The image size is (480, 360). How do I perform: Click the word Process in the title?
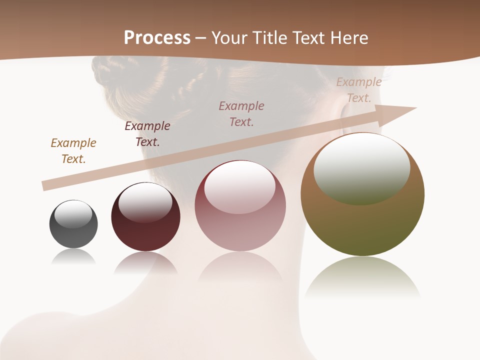point(157,38)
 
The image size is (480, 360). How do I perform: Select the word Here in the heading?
point(348,38)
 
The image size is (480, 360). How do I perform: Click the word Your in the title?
point(229,38)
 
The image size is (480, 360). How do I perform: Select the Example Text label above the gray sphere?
point(73,151)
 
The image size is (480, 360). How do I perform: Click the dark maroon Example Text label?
point(147,134)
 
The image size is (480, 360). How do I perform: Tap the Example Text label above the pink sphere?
point(241,113)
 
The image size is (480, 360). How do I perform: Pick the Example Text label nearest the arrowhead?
point(359,90)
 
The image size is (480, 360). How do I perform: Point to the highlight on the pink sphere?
point(239,188)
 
